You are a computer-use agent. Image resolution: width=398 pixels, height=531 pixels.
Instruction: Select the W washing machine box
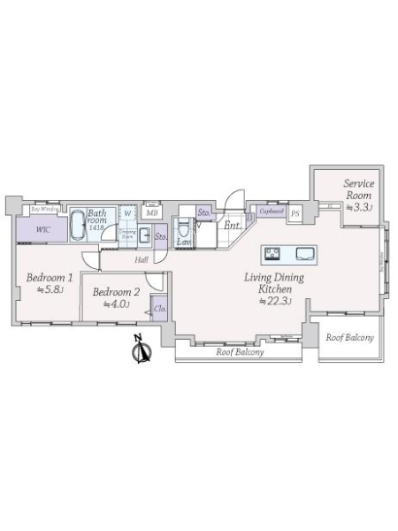coord(127,212)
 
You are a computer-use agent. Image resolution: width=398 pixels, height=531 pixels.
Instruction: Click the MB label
coord(151,212)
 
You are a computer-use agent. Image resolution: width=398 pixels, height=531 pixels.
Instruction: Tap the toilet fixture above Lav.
coord(185,223)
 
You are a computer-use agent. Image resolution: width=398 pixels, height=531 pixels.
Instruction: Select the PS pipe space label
coord(295,213)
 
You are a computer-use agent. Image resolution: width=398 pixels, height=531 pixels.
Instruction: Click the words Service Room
coord(359,189)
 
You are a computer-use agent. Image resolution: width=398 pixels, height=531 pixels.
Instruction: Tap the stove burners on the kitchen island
coord(274,254)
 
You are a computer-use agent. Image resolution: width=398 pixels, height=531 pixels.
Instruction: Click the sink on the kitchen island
coord(305,254)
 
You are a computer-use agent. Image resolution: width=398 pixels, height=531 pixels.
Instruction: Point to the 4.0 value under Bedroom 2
coord(115,304)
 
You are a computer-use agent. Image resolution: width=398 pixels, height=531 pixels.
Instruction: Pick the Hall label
coord(142,260)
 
